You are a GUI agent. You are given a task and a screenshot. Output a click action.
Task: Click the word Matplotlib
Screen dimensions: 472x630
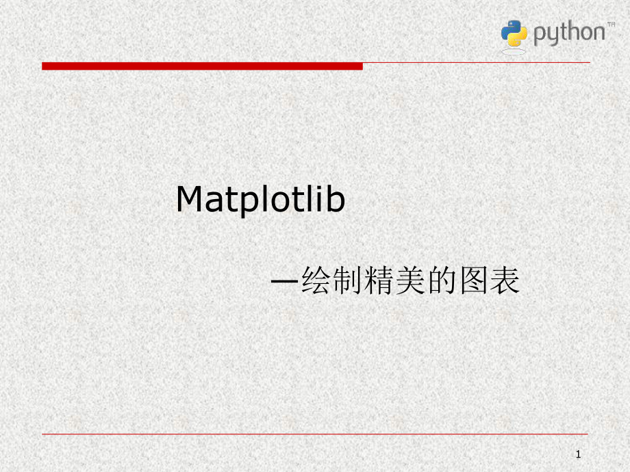tap(260, 200)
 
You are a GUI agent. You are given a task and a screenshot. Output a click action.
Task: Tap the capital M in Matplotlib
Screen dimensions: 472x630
tap(191, 200)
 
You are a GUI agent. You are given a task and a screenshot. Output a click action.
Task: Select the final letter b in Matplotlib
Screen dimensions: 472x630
tap(336, 200)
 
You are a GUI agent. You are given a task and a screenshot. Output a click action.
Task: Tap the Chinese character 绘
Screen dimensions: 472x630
tap(317, 281)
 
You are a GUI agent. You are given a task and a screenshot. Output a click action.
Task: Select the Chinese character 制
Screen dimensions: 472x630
tap(349, 281)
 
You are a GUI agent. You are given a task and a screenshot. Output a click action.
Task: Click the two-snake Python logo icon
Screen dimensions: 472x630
tap(514, 34)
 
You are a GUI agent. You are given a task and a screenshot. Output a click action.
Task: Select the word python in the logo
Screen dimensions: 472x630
tap(568, 34)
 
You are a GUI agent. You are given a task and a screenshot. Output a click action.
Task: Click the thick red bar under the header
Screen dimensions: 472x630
tap(202, 66)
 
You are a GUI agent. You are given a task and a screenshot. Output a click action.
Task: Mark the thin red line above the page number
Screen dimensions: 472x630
tap(315, 433)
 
